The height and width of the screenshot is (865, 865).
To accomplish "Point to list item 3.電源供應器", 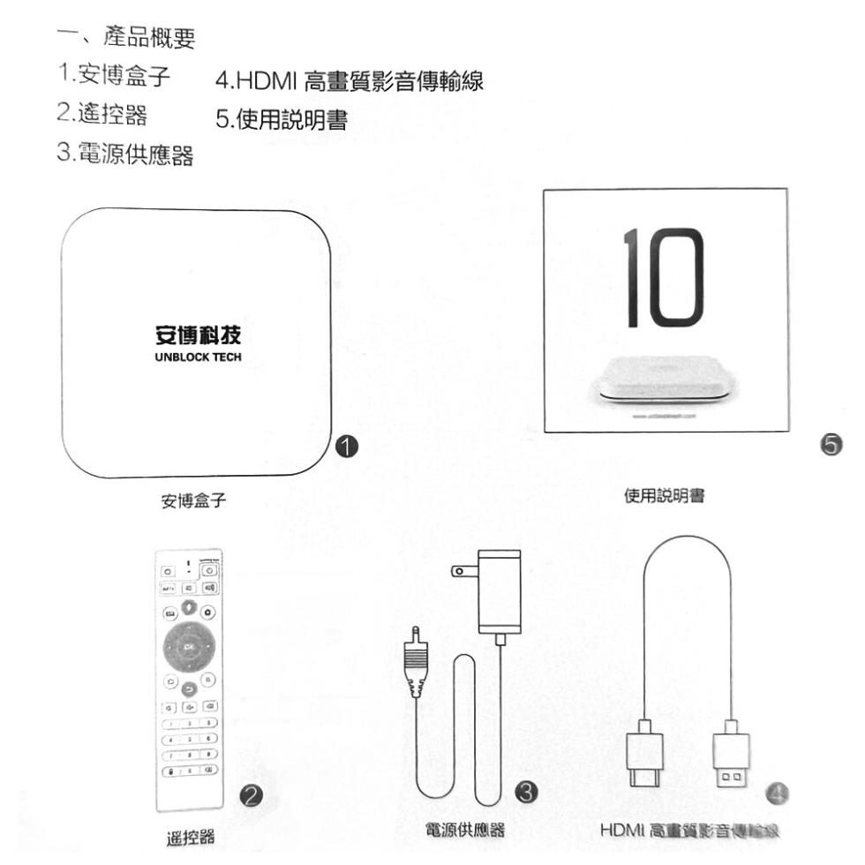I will (x=126, y=157).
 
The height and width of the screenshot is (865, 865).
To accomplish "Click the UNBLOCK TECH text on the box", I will (x=193, y=358).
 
